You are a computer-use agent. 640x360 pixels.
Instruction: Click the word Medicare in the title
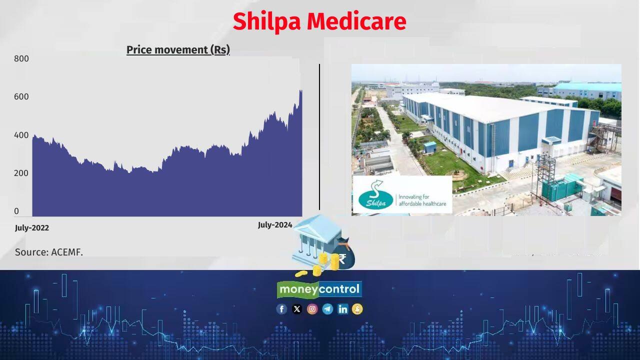(x=356, y=21)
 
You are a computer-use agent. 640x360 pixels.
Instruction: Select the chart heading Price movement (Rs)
(x=178, y=50)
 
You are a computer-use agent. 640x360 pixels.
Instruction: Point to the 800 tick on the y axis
(x=21, y=58)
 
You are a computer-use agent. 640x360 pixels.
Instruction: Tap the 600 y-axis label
(x=21, y=96)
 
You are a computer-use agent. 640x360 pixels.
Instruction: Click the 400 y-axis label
(x=21, y=135)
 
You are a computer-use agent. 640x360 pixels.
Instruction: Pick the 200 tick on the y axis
(x=21, y=173)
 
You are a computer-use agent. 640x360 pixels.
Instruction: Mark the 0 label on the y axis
(x=16, y=211)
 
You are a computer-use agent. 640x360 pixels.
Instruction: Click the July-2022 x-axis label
(x=32, y=228)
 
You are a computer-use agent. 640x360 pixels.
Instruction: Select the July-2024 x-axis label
(x=275, y=225)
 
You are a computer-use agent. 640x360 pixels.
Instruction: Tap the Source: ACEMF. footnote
(x=49, y=252)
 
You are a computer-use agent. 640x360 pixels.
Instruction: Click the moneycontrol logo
(x=319, y=289)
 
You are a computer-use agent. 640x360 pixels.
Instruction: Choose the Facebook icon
(x=281, y=309)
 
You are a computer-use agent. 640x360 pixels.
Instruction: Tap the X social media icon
(x=297, y=309)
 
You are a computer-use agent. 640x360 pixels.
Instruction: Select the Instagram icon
(x=312, y=309)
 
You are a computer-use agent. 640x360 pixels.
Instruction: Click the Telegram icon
(x=327, y=309)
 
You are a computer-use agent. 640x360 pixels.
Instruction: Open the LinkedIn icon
(x=342, y=309)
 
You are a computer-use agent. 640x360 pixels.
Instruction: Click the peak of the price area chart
(x=300, y=90)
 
